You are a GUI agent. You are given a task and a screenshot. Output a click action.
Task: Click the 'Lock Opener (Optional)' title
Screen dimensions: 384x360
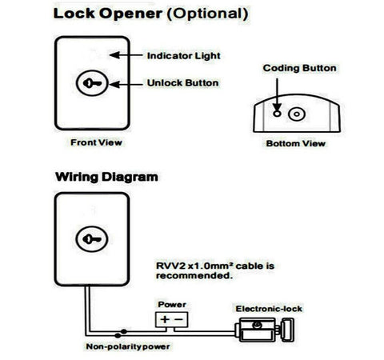tap(151, 14)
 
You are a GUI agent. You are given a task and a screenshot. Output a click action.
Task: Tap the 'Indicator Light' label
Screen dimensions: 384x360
tap(184, 56)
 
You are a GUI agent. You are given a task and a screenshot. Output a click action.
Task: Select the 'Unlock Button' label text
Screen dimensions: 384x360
tap(182, 83)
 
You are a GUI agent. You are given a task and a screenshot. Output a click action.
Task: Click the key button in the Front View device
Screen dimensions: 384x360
tap(92, 83)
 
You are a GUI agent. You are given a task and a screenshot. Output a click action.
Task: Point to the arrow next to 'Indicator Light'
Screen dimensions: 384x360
tap(126, 55)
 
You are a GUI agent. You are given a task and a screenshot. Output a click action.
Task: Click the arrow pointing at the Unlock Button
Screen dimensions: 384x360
tap(126, 85)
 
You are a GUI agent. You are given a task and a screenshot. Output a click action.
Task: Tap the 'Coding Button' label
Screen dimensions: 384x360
tap(299, 68)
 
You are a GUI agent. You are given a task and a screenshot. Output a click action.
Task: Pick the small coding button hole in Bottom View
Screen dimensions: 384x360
tap(277, 114)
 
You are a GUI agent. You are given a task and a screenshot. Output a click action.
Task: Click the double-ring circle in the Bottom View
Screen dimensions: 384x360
tap(297, 114)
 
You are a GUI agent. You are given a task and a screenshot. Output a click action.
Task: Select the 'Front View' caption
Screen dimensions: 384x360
tap(96, 142)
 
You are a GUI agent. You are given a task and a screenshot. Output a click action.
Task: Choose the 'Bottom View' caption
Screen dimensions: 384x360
tap(296, 143)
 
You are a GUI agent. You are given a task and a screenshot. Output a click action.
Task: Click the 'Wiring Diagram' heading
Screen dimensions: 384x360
tap(106, 177)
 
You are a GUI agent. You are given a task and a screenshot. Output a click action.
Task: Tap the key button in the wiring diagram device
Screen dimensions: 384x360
tap(92, 239)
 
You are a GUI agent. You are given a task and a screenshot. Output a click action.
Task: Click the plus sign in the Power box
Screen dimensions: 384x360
tap(165, 319)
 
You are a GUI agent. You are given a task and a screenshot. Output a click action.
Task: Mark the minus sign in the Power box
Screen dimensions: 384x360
tap(178, 319)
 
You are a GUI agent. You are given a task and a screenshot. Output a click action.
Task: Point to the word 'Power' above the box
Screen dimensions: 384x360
tap(172, 304)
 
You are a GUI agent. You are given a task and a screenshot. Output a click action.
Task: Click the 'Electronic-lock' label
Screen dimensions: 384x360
tap(269, 309)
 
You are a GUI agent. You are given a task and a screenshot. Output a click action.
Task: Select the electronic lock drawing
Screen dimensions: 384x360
tap(265, 330)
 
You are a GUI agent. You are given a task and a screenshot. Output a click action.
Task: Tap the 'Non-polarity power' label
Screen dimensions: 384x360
tap(128, 346)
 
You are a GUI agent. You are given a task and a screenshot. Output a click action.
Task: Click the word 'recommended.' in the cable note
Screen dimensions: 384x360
tap(194, 276)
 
